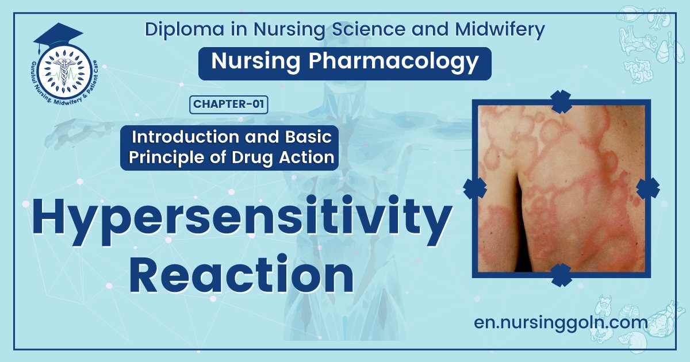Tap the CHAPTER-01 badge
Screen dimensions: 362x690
(228, 104)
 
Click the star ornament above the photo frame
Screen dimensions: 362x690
(561, 101)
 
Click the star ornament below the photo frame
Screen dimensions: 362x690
(561, 275)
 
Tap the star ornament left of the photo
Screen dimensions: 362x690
(474, 188)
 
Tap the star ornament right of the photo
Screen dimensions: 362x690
(648, 188)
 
